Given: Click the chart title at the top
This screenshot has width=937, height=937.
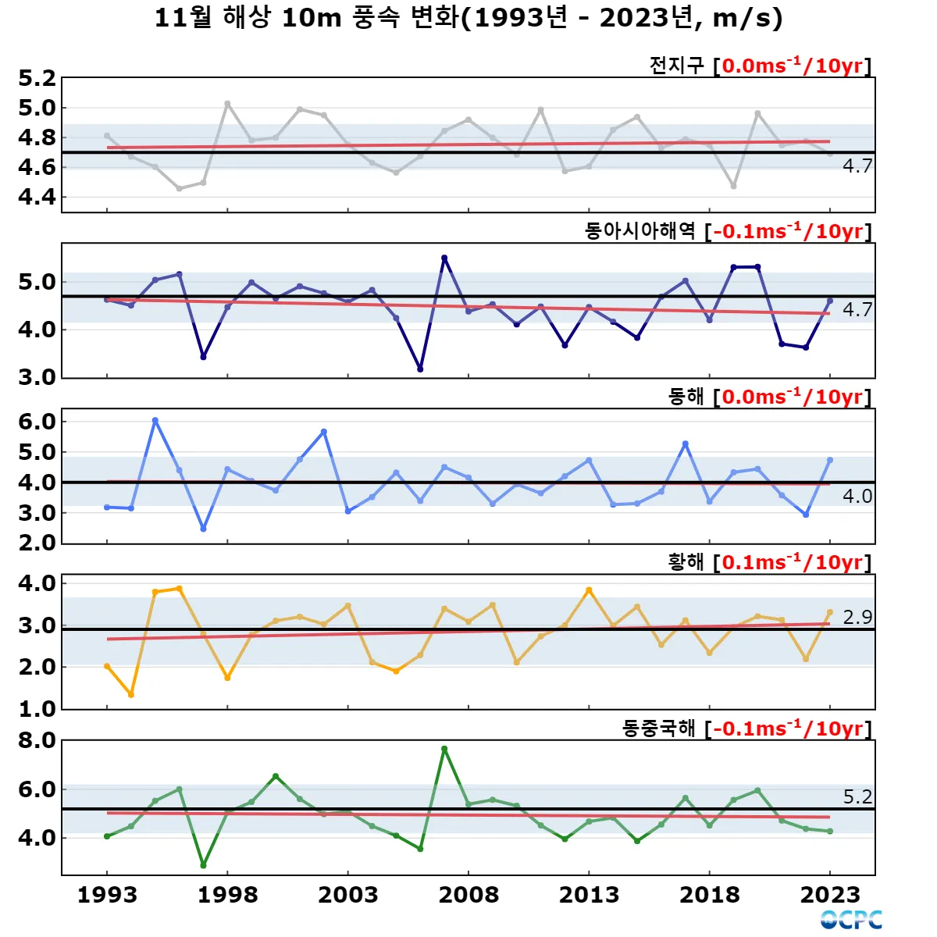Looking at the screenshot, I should click(x=468, y=17).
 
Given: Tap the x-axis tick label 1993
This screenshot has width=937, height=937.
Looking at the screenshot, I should click(x=107, y=895).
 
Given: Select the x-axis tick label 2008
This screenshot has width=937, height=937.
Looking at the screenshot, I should click(x=468, y=895).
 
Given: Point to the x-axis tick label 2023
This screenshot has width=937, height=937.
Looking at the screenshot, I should click(x=829, y=895).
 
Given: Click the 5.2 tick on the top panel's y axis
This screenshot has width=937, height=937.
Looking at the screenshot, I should click(x=37, y=79).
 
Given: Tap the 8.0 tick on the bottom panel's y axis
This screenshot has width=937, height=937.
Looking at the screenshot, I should click(x=37, y=740).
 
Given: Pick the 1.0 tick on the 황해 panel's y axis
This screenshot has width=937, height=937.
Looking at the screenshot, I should click(x=37, y=709).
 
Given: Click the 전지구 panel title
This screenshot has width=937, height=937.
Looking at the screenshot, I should click(x=677, y=66).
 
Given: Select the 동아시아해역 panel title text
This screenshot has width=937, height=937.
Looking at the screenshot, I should click(x=640, y=231).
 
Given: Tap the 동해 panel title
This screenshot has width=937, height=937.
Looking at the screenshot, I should click(x=686, y=397).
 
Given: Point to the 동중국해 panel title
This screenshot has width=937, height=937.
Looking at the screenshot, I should click(x=658, y=729).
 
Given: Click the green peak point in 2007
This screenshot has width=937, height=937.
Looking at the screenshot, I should click(x=444, y=749).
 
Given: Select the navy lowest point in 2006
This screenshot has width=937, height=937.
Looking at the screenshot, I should click(x=420, y=369).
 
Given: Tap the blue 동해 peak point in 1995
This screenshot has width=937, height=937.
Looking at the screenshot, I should click(x=155, y=420).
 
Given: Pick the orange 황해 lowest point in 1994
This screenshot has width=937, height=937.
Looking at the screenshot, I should click(x=131, y=694).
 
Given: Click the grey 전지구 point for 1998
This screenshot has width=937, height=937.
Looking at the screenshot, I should click(x=227, y=103).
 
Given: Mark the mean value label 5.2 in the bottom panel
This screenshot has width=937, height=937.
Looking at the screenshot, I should click(x=857, y=796).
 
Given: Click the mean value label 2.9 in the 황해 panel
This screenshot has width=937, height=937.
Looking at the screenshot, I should click(x=857, y=617).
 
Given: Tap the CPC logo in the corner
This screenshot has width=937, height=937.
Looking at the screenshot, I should click(x=851, y=919).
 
